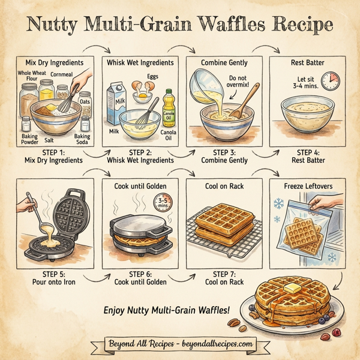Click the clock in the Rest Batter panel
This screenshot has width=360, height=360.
point(329,81)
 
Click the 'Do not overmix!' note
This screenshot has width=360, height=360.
point(238,82)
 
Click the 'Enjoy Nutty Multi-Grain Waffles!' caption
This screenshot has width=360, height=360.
point(167,310)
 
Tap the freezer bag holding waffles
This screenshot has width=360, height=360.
point(302,228)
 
